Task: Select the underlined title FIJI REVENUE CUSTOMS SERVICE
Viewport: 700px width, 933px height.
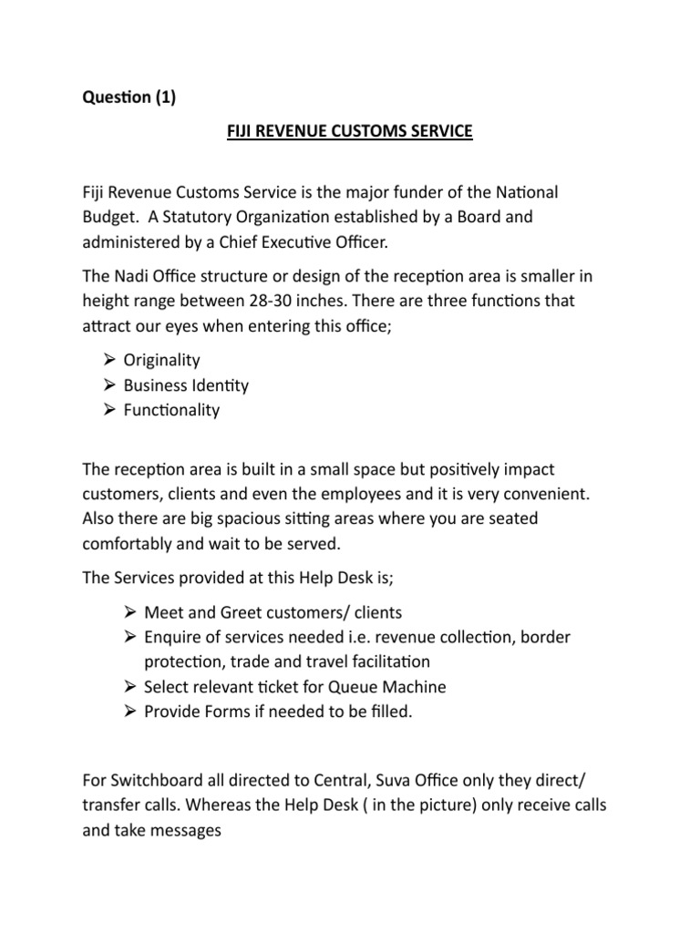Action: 349,132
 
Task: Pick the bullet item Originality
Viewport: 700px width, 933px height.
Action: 161,361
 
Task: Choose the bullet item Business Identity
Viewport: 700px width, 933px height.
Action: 186,385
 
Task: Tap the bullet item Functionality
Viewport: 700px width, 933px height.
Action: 171,410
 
